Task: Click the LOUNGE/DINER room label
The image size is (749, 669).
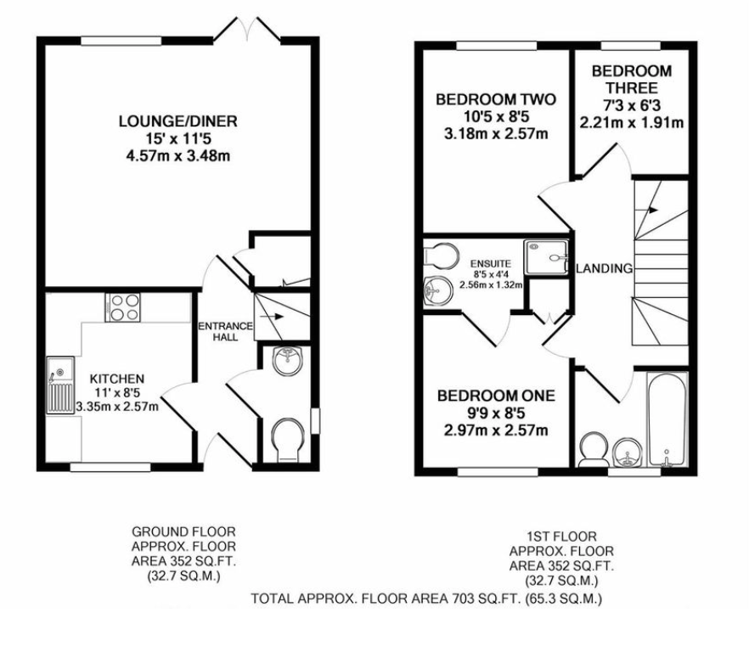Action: (177, 121)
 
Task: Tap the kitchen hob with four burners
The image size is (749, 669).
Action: (123, 306)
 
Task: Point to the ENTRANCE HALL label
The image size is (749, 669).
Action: (224, 331)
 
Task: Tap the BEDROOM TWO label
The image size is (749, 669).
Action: (495, 100)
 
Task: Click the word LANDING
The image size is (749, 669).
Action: (604, 268)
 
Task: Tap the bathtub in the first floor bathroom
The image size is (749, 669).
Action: (666, 419)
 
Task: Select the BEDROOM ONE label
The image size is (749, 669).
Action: (495, 396)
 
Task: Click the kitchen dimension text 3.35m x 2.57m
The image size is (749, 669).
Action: (117, 407)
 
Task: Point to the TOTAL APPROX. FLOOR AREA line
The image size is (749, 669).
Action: (426, 599)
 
